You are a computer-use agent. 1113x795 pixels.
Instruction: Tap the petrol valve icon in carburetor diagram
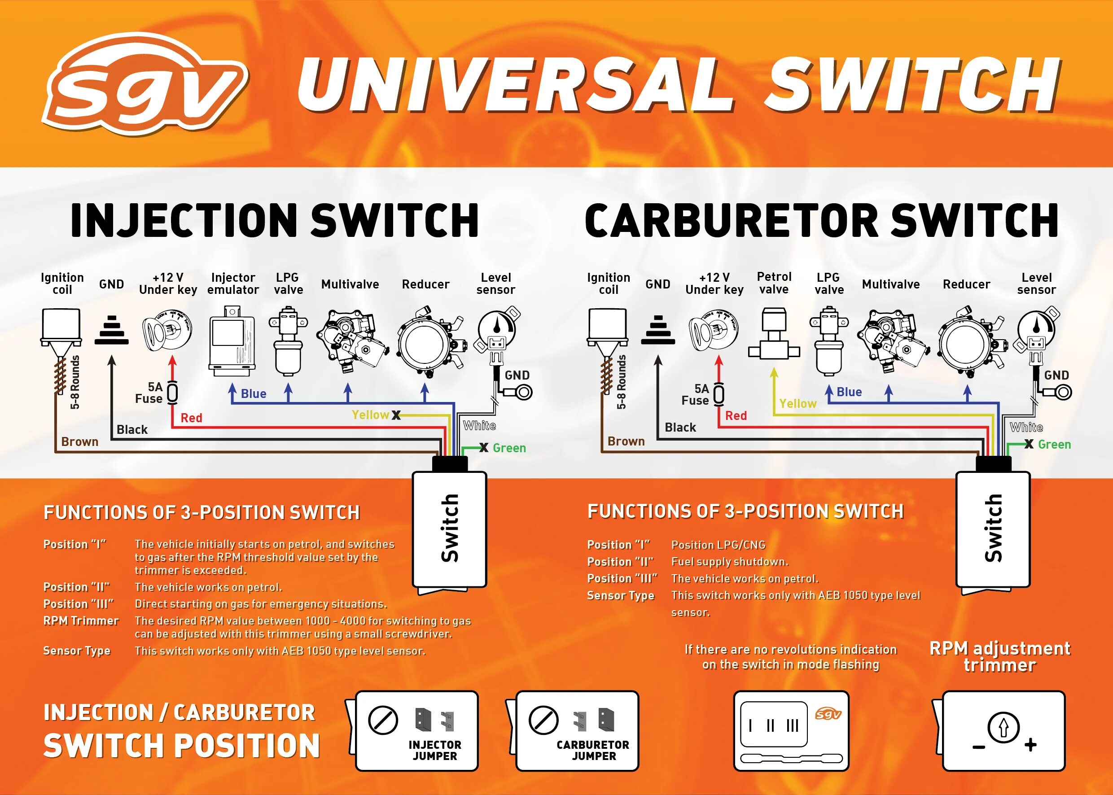click(x=774, y=333)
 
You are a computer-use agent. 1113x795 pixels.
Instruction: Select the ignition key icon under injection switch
click(x=167, y=331)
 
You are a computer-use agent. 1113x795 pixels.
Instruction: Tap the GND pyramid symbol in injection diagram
click(x=111, y=331)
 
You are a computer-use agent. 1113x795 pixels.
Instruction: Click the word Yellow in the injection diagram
click(x=370, y=415)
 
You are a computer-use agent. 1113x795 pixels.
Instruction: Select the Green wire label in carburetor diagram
click(x=1054, y=445)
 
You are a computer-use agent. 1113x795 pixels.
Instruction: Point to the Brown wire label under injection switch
click(x=80, y=441)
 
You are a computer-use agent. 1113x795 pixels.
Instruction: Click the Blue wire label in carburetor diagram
click(x=849, y=392)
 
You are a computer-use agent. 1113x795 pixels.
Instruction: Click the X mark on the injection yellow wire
click(x=396, y=415)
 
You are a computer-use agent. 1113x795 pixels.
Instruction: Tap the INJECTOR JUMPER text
click(x=435, y=751)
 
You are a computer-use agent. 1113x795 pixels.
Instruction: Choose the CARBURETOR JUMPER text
click(x=593, y=751)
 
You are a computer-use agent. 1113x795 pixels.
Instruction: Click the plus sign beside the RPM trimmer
click(x=1030, y=745)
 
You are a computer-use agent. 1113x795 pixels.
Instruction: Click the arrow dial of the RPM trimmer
click(x=1003, y=727)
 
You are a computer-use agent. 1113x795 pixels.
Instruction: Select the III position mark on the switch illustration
click(x=792, y=725)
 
